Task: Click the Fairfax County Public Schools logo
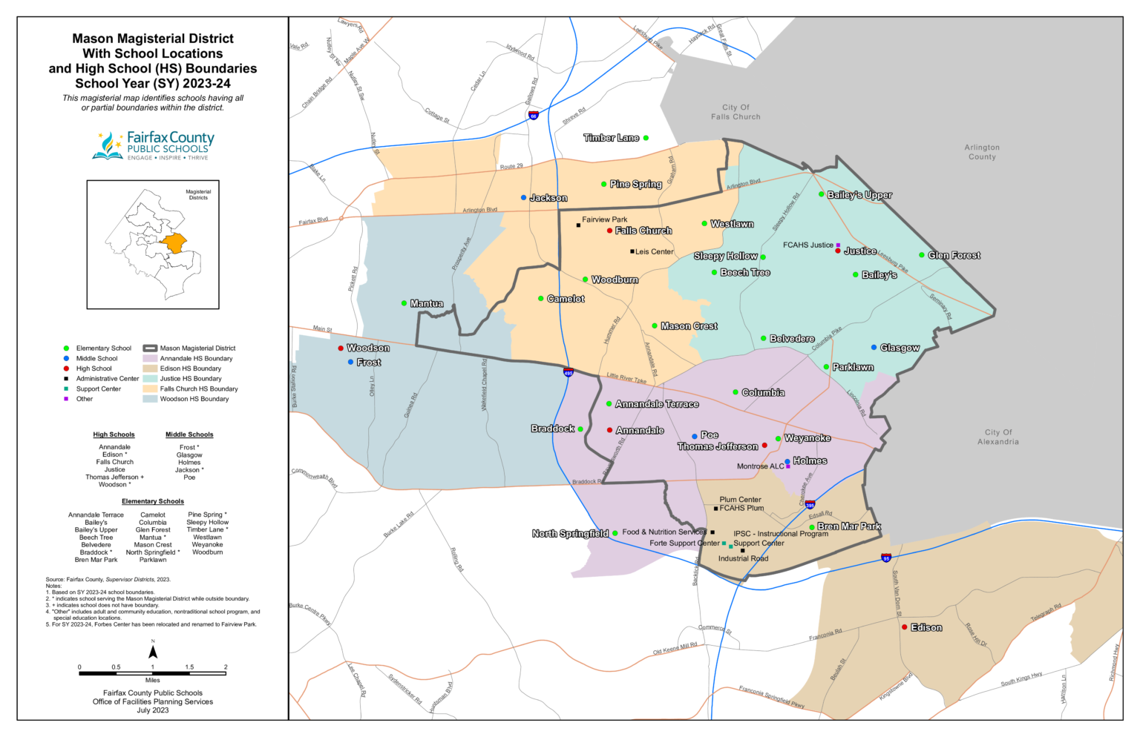153,145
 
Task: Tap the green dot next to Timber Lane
646,138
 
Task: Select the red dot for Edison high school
904,627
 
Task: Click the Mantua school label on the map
427,303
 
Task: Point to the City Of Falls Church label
736,112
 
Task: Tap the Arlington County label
982,152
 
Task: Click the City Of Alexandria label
997,437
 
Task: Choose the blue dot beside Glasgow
874,347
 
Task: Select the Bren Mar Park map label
849,526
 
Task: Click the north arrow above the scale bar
153,652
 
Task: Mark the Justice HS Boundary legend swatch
150,378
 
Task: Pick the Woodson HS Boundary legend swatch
150,399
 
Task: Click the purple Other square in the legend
66,399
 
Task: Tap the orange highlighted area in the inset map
174,243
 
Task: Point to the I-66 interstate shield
533,116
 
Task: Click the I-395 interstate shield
810,505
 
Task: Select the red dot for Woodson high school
341,348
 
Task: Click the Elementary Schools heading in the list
153,501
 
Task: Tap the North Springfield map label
570,533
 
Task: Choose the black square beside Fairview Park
578,225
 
